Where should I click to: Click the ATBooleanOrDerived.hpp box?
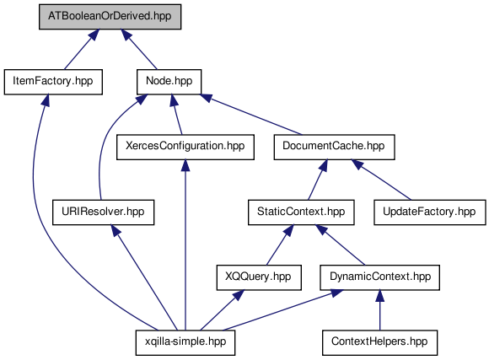(x=110, y=17)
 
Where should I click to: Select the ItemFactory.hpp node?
(x=53, y=82)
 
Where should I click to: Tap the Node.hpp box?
(x=169, y=82)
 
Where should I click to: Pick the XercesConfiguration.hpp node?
(x=185, y=147)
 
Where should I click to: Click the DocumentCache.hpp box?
(x=334, y=147)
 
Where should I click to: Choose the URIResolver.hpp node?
(x=103, y=212)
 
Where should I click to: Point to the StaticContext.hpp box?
(x=301, y=212)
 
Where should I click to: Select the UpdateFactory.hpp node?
(x=430, y=212)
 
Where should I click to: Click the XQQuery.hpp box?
(x=259, y=277)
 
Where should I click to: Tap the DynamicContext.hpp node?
(x=379, y=277)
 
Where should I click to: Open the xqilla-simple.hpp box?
(x=185, y=342)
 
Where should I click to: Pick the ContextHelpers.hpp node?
(x=379, y=342)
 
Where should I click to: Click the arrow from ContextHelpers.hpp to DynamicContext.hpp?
(x=379, y=310)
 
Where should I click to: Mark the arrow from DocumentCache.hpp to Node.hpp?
(x=251, y=114)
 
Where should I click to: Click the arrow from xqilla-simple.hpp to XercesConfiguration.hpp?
(x=185, y=244)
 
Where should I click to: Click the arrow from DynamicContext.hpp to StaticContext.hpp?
(x=340, y=244)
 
